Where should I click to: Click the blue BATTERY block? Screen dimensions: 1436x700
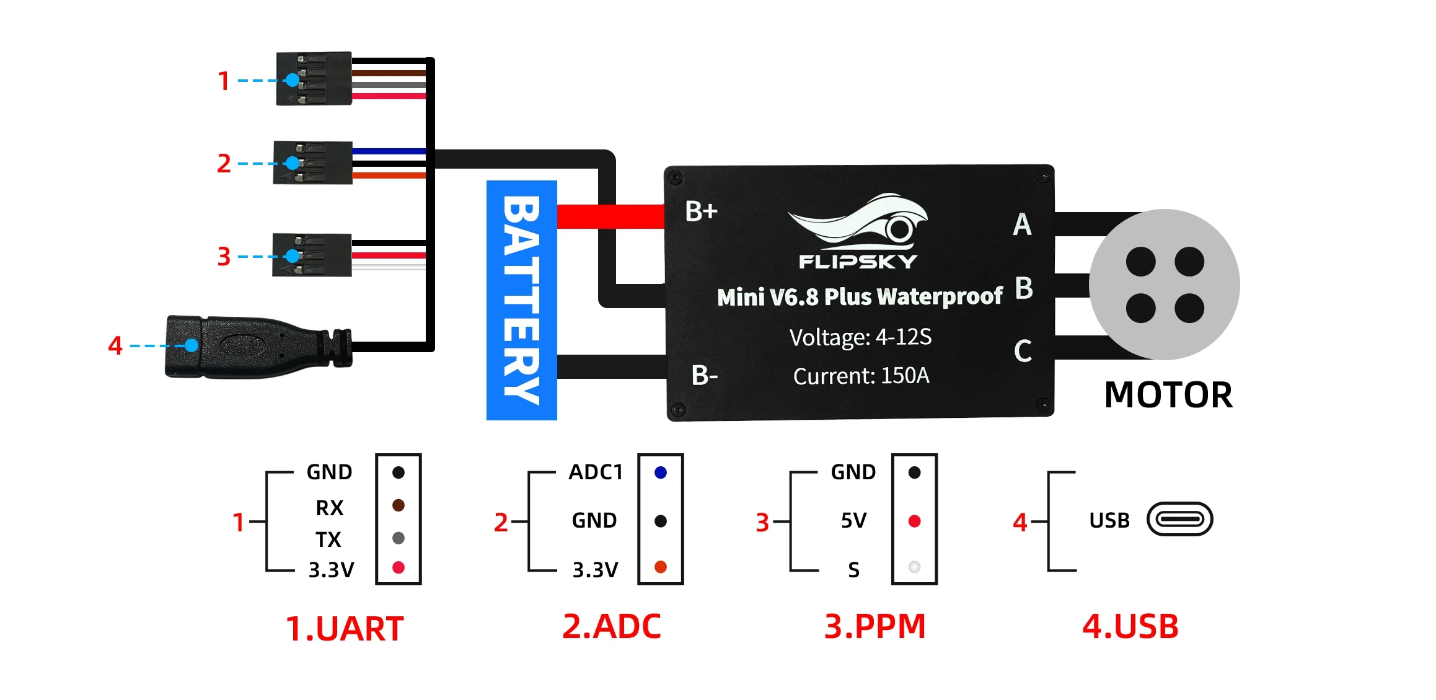pyautogui.click(x=521, y=300)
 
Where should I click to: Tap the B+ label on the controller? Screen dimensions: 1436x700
pyautogui.click(x=701, y=211)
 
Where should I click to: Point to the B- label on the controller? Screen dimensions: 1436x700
pyautogui.click(x=704, y=375)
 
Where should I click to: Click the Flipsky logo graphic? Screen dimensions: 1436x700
pyautogui.click(x=858, y=231)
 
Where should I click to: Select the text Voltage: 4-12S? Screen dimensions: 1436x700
pyautogui.click(x=860, y=337)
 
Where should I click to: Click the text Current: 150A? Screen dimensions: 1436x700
pyautogui.click(x=861, y=376)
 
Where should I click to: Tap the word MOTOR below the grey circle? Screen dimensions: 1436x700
pyautogui.click(x=1168, y=395)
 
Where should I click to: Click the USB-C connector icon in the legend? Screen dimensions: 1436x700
pyautogui.click(x=1179, y=519)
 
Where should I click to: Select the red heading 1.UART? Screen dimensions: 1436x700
pyautogui.click(x=345, y=629)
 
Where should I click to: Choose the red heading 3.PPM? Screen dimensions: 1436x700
pyautogui.click(x=874, y=626)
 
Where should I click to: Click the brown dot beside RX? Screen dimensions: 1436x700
pyautogui.click(x=399, y=505)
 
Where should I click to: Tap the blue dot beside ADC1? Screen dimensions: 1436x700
pyautogui.click(x=661, y=472)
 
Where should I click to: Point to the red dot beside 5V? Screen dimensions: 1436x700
pyautogui.click(x=914, y=521)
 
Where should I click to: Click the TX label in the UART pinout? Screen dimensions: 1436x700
pyautogui.click(x=328, y=539)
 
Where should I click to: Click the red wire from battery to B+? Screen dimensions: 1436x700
pyautogui.click(x=610, y=216)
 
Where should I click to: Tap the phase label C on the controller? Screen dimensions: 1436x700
pyautogui.click(x=1023, y=351)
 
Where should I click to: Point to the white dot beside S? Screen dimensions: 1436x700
pyautogui.click(x=914, y=567)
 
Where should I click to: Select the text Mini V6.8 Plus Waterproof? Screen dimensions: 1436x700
pyautogui.click(x=860, y=297)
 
